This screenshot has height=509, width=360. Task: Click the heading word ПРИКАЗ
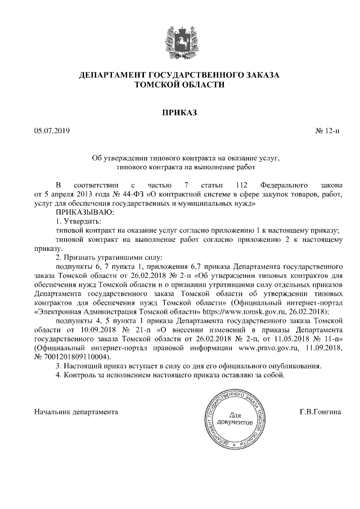[x=180, y=113]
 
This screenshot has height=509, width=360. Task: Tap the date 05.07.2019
[x=51, y=132]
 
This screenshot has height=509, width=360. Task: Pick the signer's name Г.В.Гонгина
[x=321, y=412]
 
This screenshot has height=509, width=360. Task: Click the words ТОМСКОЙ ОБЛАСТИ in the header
[x=180, y=85]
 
